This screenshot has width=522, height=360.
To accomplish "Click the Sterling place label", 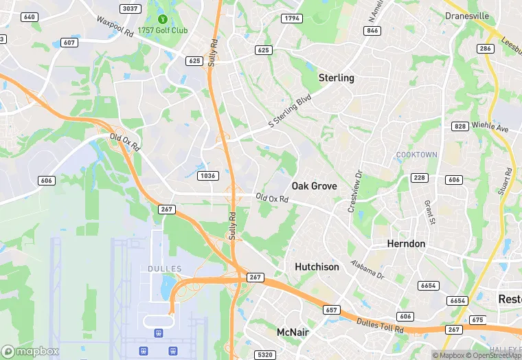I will coord(337,78).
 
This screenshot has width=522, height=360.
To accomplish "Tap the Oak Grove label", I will coord(314,186).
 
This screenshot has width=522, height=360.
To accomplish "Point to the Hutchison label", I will coord(317,267).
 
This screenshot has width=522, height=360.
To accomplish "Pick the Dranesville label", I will coord(467,15).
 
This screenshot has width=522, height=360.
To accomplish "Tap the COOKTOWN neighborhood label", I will coord(416,155).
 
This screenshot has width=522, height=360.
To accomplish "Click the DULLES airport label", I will coord(165,269).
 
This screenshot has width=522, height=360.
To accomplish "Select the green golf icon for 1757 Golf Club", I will coord(163,19).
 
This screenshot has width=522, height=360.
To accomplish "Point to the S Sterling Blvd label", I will coord(290,112).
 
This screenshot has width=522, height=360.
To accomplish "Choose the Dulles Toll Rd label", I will coord(380,324).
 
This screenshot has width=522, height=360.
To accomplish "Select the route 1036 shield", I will coord(207,176).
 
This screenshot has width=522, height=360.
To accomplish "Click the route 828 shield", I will coord(460,126).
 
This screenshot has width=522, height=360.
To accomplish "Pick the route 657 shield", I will coord(332,311).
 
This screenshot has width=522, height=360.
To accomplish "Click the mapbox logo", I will coord(30,351).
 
